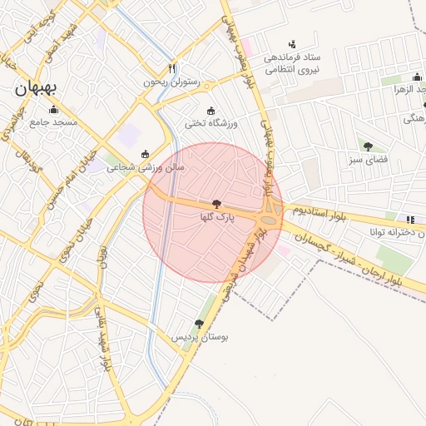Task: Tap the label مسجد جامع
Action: click(53, 122)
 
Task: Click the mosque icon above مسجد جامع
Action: click(53, 110)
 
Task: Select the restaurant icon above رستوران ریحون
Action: click(171, 68)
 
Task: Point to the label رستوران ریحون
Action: click(172, 82)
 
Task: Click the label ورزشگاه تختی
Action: click(211, 123)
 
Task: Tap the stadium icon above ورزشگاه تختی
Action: click(211, 111)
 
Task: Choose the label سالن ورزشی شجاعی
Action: click(146, 166)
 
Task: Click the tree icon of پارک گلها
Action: click(217, 204)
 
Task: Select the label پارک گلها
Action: click(217, 216)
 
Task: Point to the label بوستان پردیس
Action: click(200, 337)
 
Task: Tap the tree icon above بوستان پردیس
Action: click(199, 324)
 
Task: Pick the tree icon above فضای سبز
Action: click(368, 146)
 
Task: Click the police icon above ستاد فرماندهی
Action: click(291, 43)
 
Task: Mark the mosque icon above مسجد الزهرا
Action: click(417, 76)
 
